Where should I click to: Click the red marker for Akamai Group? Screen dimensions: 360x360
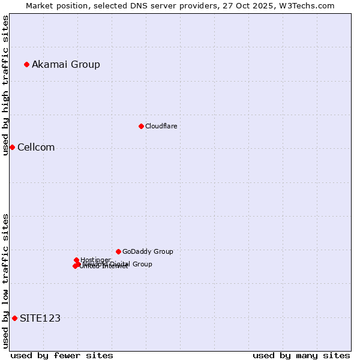[x=26, y=64]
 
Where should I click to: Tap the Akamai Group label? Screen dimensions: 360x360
[x=66, y=64]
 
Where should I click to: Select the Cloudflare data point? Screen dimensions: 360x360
[x=141, y=126]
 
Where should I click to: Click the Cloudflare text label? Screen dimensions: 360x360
[x=161, y=126]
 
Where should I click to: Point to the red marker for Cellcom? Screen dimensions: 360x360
[x=12, y=147]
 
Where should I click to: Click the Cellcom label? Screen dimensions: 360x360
[x=36, y=148]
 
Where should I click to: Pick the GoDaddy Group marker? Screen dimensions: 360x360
[x=118, y=251]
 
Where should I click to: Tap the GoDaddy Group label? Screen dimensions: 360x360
[x=148, y=251]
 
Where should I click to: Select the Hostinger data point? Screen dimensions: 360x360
[x=76, y=260]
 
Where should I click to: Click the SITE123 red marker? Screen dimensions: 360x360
[x=14, y=318]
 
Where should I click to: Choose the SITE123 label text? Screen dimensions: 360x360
[x=40, y=318]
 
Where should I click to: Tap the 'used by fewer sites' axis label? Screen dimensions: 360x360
[x=62, y=355]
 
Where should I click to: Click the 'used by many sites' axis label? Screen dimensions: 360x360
[x=301, y=355]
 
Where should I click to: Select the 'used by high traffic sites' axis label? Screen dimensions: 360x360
[x=5, y=85]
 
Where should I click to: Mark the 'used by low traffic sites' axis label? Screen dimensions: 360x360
[x=5, y=281]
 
